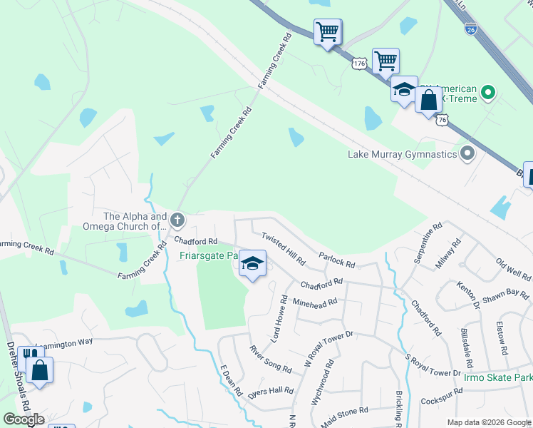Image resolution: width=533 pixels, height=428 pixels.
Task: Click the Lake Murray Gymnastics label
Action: coord(401,154)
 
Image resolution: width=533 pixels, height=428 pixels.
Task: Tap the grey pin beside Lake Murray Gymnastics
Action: coord(467,153)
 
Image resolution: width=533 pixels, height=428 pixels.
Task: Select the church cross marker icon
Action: coord(177,220)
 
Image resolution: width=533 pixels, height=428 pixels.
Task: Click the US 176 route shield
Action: coord(359,64)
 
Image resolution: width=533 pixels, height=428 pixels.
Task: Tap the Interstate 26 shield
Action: coord(470,30)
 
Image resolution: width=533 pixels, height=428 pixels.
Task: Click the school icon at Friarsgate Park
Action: coord(252,263)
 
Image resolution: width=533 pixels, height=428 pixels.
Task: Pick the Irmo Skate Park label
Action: coord(497,377)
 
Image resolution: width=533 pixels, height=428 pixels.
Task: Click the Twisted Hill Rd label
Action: coord(283,248)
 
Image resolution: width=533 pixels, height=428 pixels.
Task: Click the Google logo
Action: coord(24,419)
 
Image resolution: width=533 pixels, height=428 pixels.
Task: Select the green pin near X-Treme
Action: coord(488,92)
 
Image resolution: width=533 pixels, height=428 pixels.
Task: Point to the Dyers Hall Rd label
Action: coord(271,392)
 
